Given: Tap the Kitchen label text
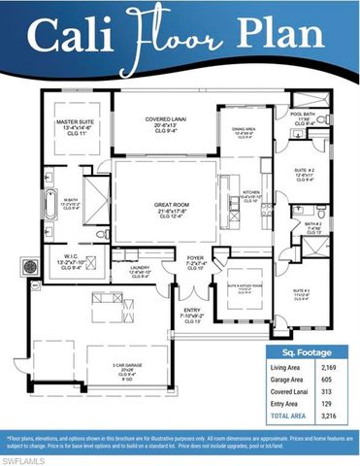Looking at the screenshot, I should (252, 192).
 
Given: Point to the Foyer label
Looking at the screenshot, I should (196, 258).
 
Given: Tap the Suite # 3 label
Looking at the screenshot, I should (301, 291).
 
